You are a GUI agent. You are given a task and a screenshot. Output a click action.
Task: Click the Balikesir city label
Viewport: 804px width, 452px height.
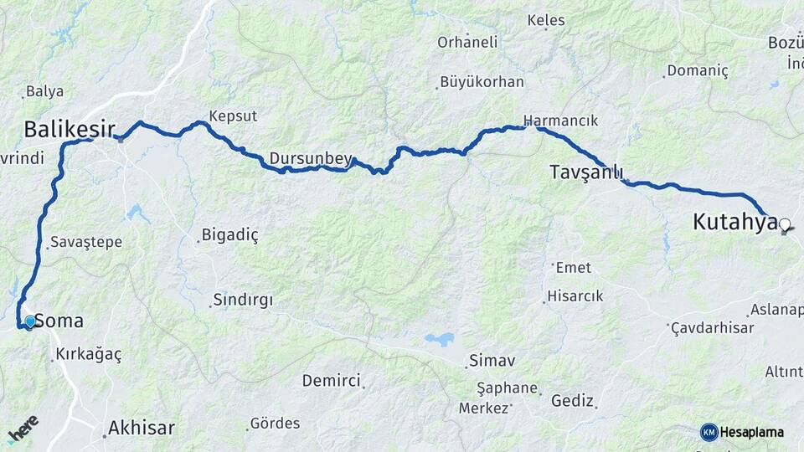(69, 129)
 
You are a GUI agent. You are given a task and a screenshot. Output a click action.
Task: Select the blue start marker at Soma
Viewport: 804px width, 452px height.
(30, 321)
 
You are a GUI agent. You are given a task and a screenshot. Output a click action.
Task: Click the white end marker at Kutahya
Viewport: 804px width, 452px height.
(785, 224)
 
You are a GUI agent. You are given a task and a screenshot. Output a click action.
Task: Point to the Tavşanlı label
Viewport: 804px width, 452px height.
(586, 172)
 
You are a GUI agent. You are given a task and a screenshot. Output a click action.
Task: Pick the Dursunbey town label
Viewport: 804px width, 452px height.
(312, 157)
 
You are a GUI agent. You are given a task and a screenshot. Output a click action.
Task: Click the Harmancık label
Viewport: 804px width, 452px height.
(560, 121)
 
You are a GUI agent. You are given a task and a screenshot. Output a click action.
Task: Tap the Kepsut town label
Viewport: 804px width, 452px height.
(233, 116)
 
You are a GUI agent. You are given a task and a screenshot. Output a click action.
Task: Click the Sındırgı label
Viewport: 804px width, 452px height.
(244, 299)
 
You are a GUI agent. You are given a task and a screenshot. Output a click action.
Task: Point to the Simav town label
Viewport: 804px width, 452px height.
(492, 361)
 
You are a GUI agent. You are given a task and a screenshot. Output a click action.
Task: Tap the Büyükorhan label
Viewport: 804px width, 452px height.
(482, 82)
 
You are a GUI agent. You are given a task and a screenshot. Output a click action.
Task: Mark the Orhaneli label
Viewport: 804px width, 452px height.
(467, 42)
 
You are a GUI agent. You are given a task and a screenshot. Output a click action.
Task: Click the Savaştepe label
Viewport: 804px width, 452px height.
(86, 242)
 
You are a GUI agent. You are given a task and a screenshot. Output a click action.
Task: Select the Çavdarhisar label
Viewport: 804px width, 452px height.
(713, 327)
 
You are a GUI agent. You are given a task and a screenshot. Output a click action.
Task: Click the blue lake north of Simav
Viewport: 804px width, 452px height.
(439, 339)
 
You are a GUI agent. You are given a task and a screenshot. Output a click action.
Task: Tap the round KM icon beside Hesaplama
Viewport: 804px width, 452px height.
(709, 432)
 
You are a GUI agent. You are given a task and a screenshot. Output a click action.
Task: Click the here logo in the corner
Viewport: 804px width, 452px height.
(23, 429)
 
